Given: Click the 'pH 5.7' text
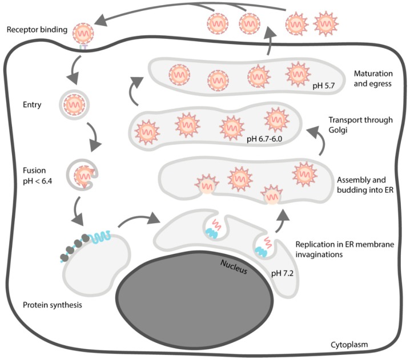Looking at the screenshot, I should tap(324, 86).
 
